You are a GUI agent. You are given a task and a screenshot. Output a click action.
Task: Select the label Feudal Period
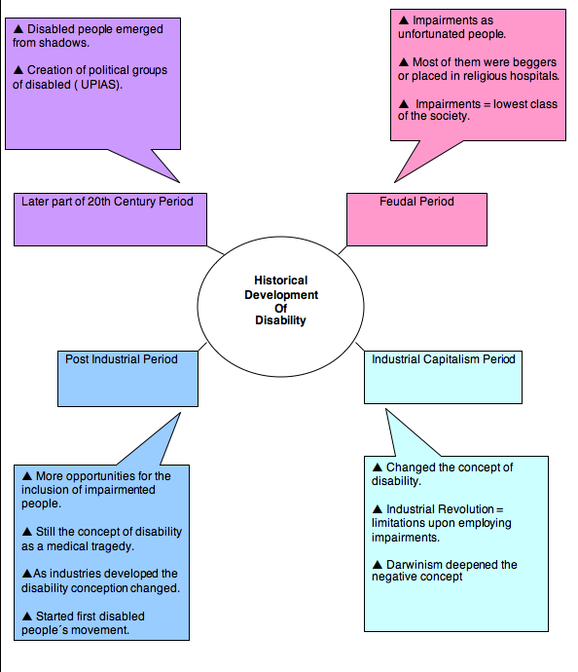(416, 202)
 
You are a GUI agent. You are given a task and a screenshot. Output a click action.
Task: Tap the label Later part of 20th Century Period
(107, 202)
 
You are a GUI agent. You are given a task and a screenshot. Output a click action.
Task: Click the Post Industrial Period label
(122, 359)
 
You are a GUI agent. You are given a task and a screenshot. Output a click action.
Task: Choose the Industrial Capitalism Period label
(444, 359)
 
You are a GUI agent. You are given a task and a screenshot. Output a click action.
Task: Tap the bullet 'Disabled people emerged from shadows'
(88, 36)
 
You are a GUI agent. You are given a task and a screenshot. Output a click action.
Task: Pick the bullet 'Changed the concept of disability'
(443, 474)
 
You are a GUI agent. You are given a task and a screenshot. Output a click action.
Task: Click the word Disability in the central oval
(280, 320)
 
